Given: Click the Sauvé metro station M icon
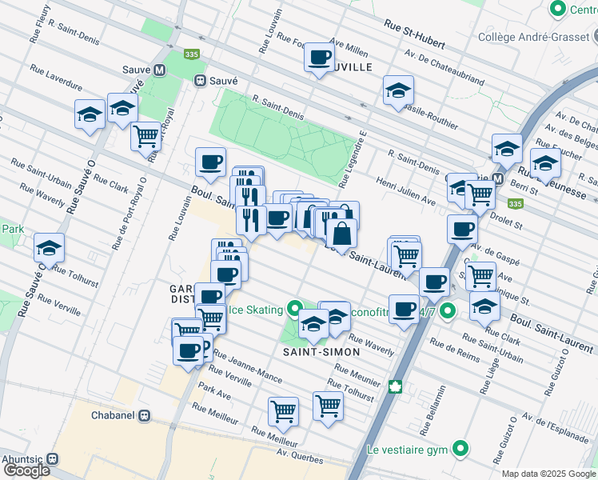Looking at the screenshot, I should (x=160, y=70).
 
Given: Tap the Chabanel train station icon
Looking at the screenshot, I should (x=145, y=416).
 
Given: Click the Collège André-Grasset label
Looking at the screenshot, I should (x=533, y=36).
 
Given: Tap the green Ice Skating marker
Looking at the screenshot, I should (x=295, y=309).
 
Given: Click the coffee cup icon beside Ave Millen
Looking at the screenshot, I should (x=320, y=58).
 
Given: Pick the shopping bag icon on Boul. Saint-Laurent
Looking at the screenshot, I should (x=341, y=234).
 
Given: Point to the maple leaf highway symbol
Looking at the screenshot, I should (x=394, y=388).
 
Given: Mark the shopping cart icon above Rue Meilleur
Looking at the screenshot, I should (x=283, y=412).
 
